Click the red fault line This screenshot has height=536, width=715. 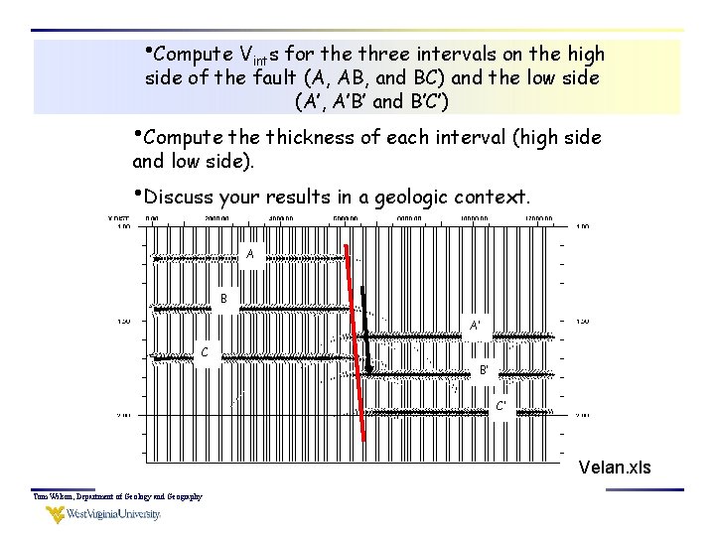coord(355,337)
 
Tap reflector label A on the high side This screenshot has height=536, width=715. coord(250,254)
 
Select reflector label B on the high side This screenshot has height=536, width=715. coord(224,298)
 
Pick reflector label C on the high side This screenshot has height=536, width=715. coord(205,351)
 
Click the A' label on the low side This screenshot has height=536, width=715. coord(476,325)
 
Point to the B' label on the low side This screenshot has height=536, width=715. coord(485,370)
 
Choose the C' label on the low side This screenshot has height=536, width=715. coord(501,405)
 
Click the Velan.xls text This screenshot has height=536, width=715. coord(615,467)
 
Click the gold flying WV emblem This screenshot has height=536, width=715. coord(53,514)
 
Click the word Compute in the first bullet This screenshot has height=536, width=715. coord(196,53)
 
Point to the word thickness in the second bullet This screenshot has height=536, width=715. coord(311,138)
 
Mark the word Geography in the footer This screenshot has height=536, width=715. coord(179,496)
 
